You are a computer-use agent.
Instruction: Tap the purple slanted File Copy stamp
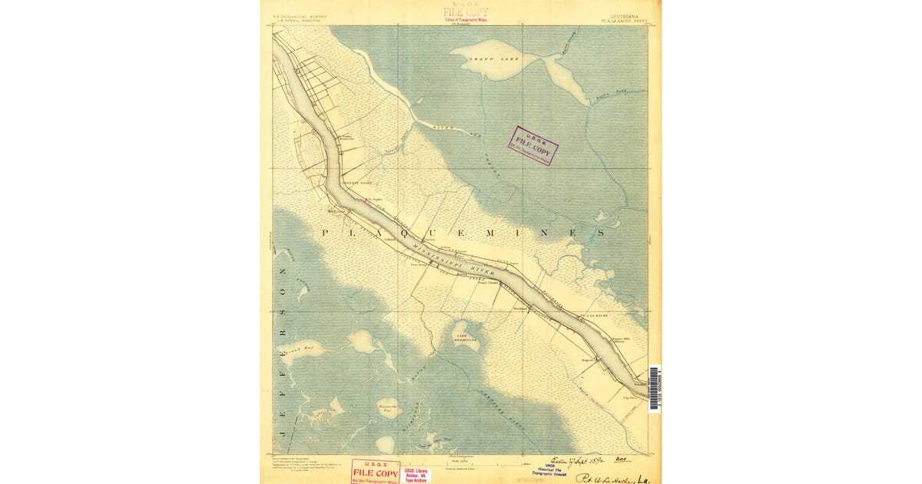[x=532, y=145]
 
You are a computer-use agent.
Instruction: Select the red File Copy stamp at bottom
[x=376, y=471]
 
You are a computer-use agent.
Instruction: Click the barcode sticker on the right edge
[x=654, y=388]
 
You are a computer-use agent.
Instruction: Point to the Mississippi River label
[x=453, y=259]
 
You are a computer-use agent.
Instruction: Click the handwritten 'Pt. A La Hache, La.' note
[x=614, y=476]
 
